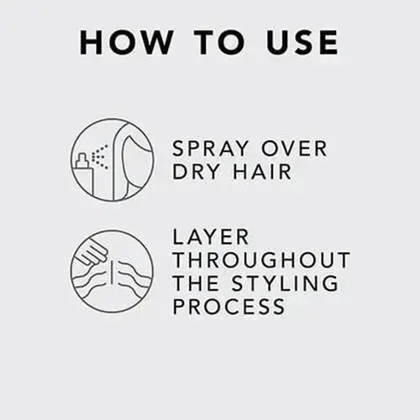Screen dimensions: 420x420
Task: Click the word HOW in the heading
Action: pyautogui.click(x=124, y=43)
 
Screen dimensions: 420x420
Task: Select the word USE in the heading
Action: pyautogui.click(x=302, y=43)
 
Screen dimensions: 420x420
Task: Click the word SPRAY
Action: pyautogui.click(x=212, y=149)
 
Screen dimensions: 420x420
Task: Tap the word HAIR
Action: pyautogui.click(x=265, y=172)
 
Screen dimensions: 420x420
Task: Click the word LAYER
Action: pyautogui.click(x=211, y=237)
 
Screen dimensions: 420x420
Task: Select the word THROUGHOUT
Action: pyautogui.click(x=261, y=260)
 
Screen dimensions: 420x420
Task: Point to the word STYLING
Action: pyautogui.click(x=286, y=283)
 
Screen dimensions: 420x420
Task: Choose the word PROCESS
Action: pyautogui.click(x=229, y=306)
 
